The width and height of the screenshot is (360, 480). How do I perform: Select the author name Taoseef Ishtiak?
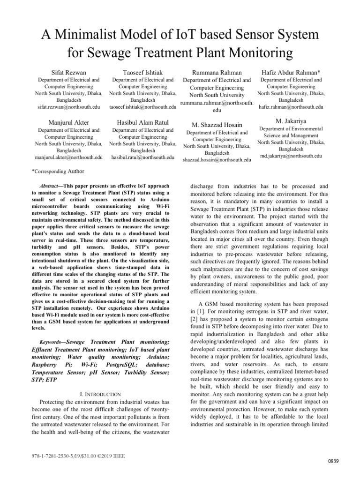[x=142, y=72]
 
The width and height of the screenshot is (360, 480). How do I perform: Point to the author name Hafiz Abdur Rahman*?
[x=291, y=72]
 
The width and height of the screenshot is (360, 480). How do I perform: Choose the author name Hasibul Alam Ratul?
[x=142, y=122]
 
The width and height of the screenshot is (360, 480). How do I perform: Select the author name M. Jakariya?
[x=291, y=120]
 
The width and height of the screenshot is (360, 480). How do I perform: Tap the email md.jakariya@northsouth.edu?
[x=291, y=156]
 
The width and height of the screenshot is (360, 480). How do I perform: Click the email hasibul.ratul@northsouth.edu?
[x=142, y=157]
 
